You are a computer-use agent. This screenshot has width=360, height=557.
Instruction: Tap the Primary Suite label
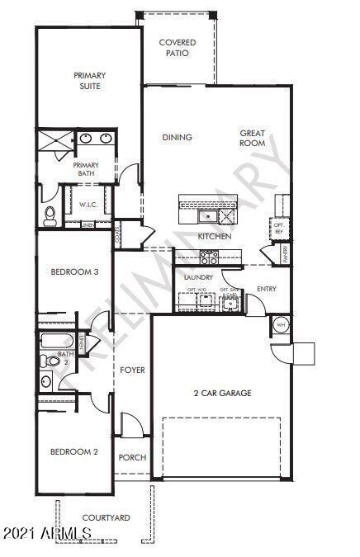pyautogui.click(x=88, y=80)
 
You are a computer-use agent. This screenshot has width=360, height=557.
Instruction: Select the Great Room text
pyautogui.click(x=252, y=138)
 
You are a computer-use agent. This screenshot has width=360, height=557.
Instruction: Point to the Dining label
pyautogui.click(x=177, y=138)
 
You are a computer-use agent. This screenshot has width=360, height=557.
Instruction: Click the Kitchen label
pyautogui.click(x=214, y=237)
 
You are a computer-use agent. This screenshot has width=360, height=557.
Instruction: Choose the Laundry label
pyautogui.click(x=199, y=277)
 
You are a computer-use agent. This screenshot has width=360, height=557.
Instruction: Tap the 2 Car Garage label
pyautogui.click(x=223, y=394)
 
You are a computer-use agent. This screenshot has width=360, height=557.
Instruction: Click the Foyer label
pyautogui.click(x=132, y=371)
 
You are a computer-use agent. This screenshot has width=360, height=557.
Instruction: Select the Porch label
pyautogui.click(x=132, y=457)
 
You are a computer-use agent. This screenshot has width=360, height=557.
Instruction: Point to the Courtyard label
pyautogui.click(x=105, y=517)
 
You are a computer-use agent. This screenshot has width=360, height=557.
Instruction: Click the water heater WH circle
pyautogui.click(x=279, y=323)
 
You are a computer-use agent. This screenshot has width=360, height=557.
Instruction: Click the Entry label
pyautogui.click(x=266, y=289)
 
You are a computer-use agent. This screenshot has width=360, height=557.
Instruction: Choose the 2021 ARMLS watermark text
pyautogui.click(x=46, y=536)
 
